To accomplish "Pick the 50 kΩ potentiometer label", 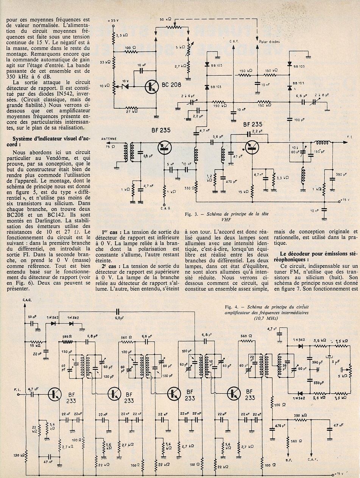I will [x=165, y=19].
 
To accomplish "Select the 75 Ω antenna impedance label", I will [x=111, y=147].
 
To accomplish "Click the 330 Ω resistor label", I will [x=187, y=187].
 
